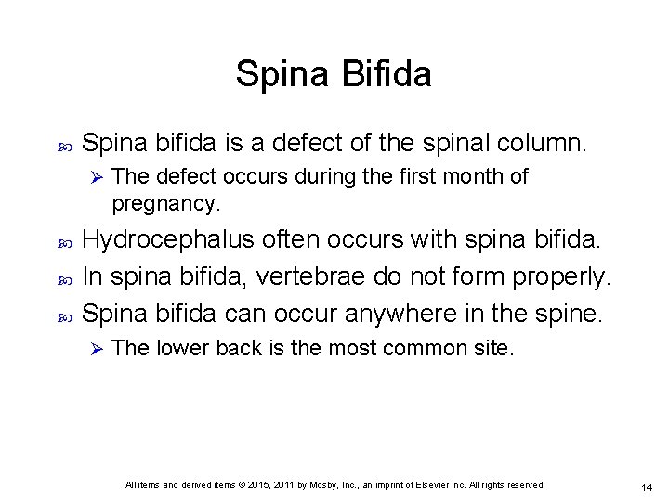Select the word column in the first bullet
[544, 144]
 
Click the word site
[492, 348]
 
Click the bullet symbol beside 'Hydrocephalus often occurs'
[64, 241]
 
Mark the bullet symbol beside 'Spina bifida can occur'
[64, 315]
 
